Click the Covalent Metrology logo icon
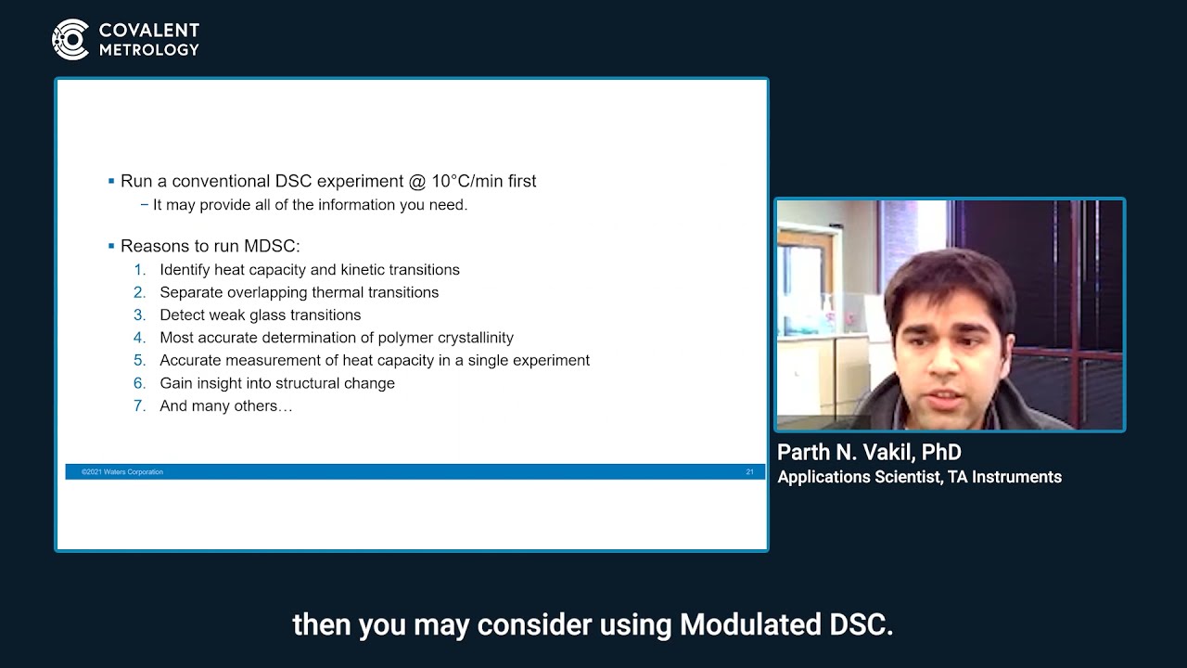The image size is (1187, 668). point(70,39)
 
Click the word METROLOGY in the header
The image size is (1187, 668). point(148,50)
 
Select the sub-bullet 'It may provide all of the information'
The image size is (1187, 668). point(310,205)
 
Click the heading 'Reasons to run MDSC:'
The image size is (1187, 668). point(211,246)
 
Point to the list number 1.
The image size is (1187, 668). point(140,270)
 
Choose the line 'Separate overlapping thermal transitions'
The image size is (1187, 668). point(299,292)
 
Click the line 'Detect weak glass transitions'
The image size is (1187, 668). point(260,315)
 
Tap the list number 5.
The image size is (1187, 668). point(140,361)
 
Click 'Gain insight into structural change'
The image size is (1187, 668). point(276,383)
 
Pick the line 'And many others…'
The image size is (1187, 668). point(225,406)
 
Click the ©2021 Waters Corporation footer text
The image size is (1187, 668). point(121,472)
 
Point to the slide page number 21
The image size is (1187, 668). point(749,472)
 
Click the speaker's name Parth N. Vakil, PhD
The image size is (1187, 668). point(869,453)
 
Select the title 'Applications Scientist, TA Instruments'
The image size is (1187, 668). point(919,477)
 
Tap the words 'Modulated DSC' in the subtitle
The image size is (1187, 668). point(785,624)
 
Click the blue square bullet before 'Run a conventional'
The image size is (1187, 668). point(111,181)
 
